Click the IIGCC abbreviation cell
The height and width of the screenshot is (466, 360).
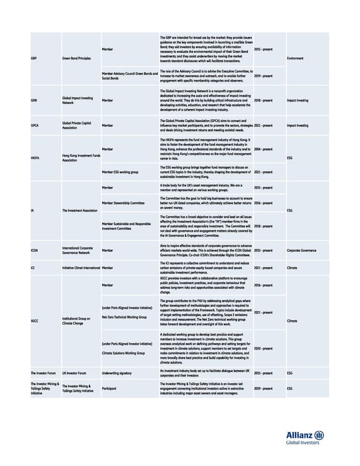35,321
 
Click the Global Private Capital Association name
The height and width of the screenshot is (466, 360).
77,125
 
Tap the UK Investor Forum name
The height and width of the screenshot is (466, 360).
74,373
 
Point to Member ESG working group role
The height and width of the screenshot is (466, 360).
121,172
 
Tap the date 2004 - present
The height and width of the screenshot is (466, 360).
265,149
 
